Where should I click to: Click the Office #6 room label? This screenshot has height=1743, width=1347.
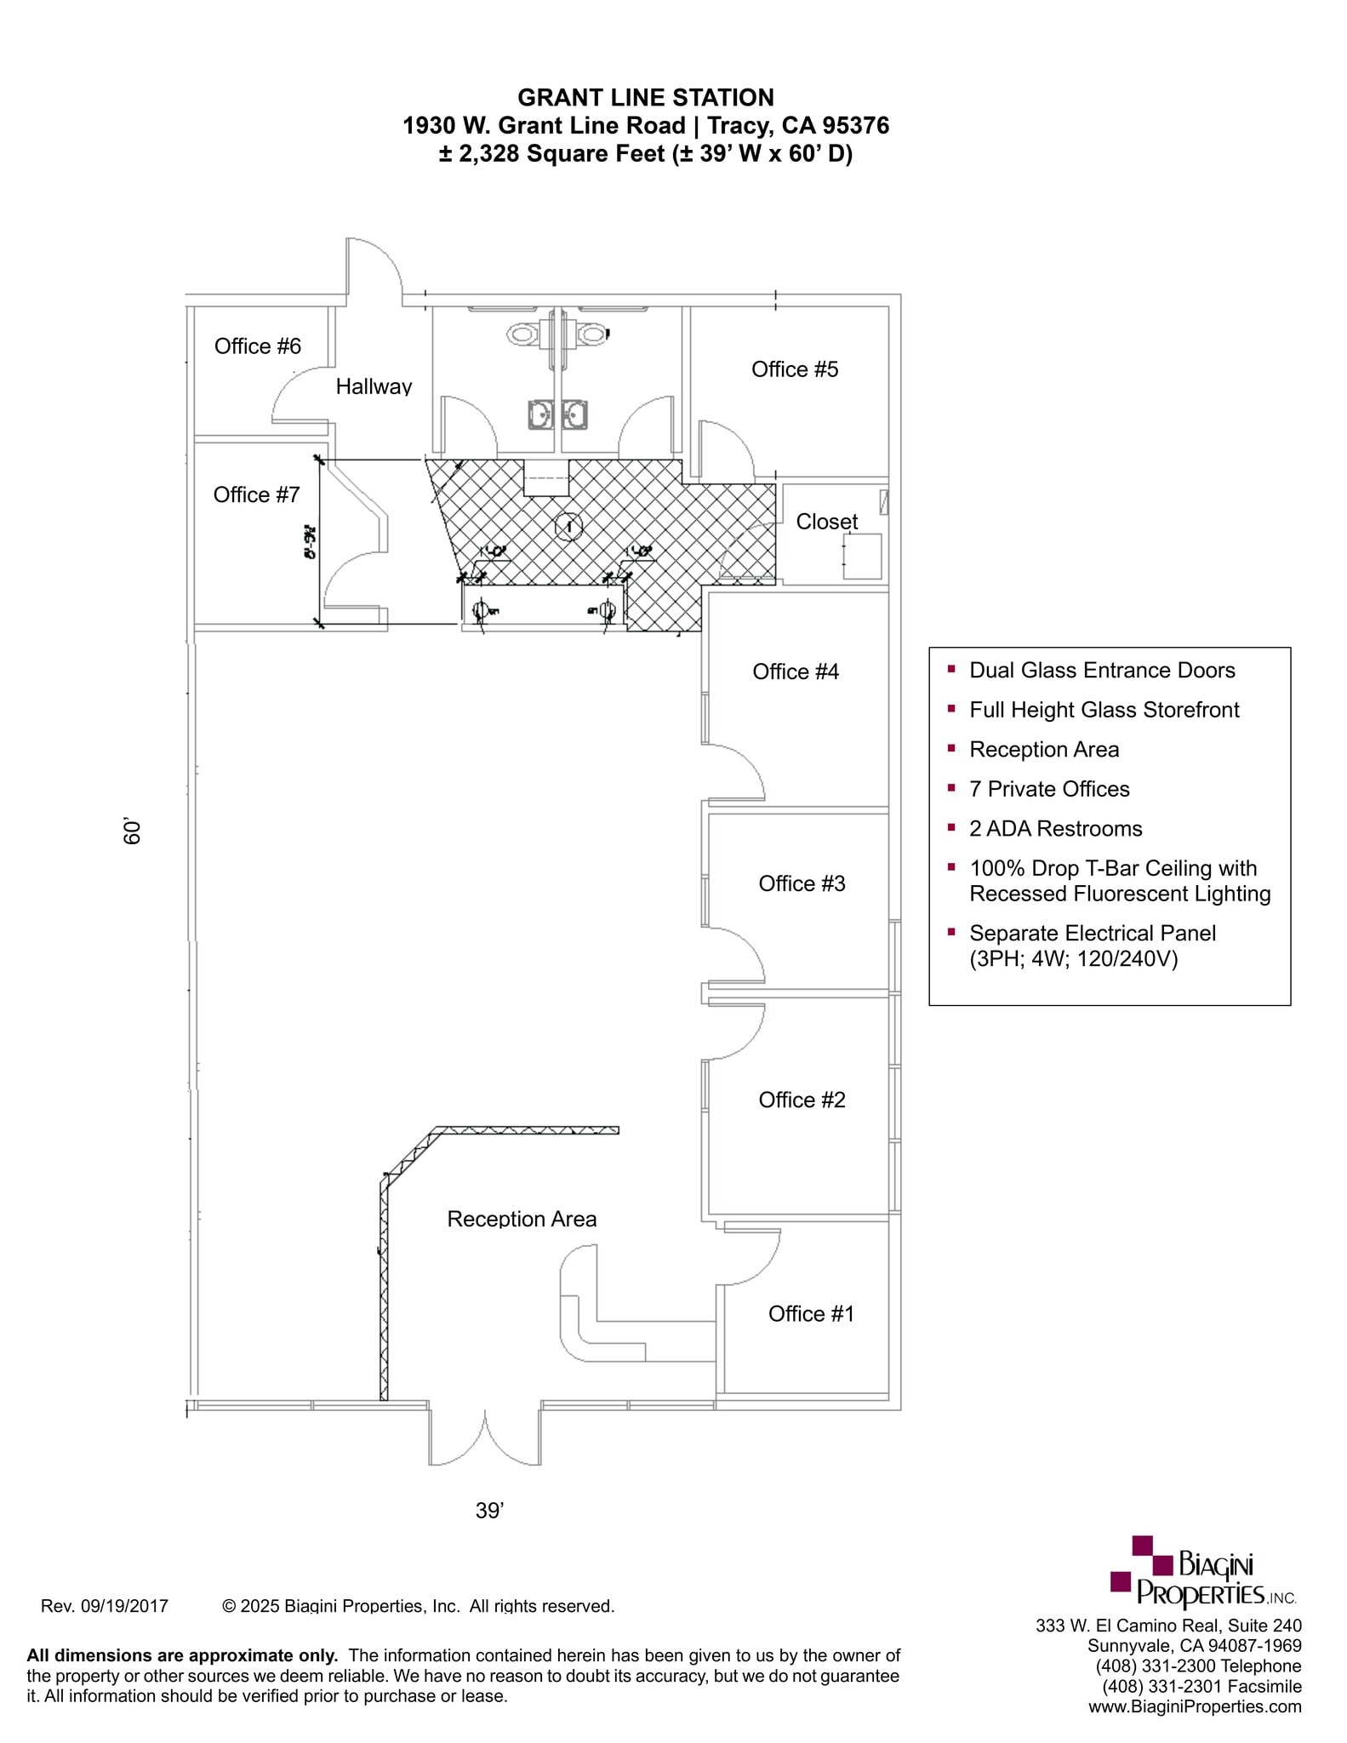click(257, 346)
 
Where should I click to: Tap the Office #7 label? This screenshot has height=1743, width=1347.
click(256, 494)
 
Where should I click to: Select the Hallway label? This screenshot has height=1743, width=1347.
click(374, 386)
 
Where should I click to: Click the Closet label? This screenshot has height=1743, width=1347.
click(826, 522)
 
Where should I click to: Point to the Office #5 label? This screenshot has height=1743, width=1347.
click(794, 369)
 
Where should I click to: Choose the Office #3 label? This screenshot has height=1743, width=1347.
click(802, 883)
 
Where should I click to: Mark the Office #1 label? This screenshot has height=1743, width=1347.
click(810, 1313)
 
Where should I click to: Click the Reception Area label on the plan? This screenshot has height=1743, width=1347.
click(522, 1219)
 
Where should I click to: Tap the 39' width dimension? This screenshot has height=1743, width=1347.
click(489, 1510)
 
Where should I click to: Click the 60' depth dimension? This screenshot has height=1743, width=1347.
click(132, 831)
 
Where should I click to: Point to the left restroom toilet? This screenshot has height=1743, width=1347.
click(522, 334)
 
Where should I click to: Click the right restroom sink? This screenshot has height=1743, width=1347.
click(574, 414)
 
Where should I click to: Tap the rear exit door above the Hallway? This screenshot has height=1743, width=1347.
click(374, 271)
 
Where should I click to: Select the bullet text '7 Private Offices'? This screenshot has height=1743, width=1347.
click(1048, 789)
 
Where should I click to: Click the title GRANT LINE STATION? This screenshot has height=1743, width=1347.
click(645, 98)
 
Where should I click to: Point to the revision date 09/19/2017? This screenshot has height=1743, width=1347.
click(105, 1606)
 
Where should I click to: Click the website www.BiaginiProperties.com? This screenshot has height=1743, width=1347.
click(1194, 1706)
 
